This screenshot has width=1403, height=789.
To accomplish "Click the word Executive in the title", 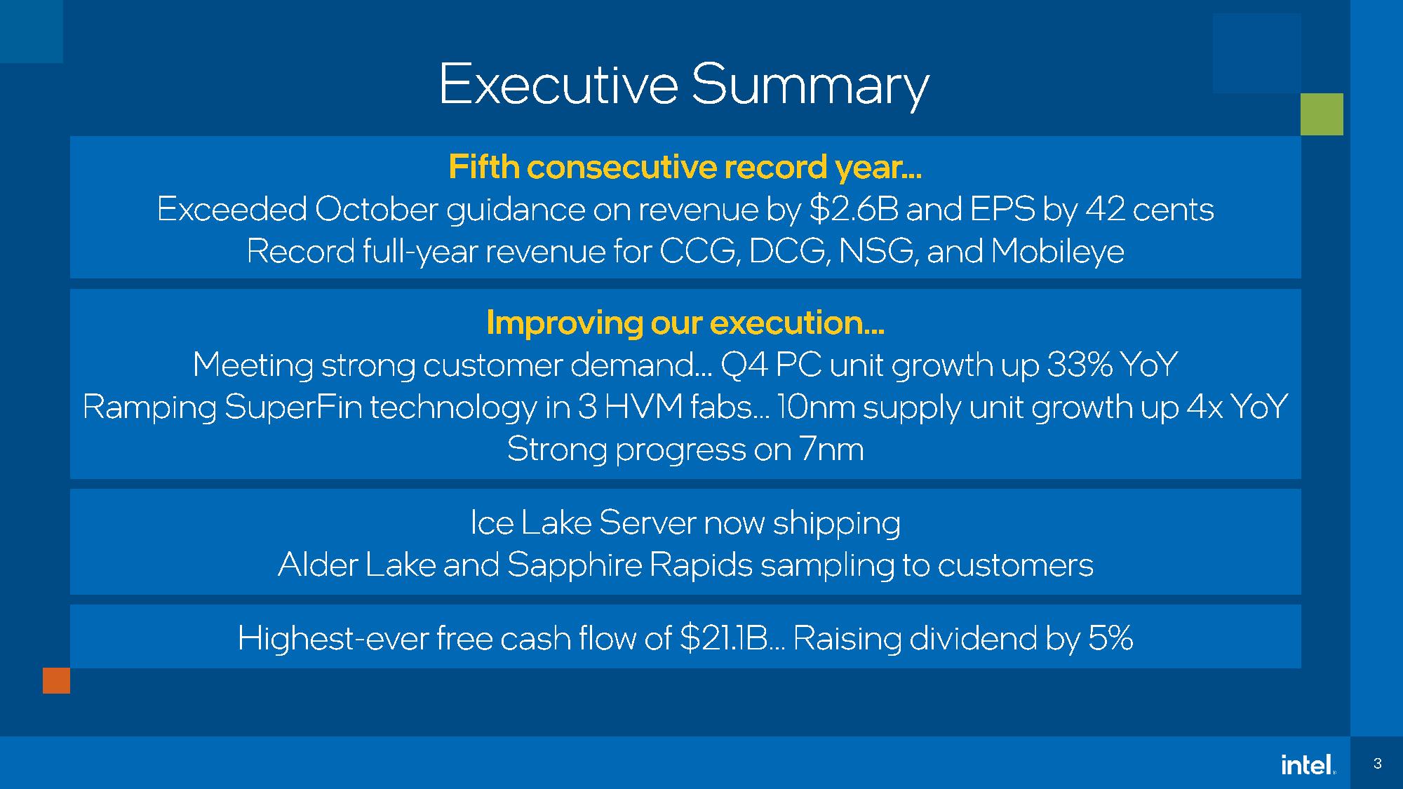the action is [558, 84].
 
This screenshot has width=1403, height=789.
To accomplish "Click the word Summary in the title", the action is [810, 86].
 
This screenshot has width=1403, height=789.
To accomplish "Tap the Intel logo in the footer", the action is [1308, 764].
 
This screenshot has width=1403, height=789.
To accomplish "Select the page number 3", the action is [1377, 764].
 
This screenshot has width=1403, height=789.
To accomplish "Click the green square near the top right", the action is [1322, 114].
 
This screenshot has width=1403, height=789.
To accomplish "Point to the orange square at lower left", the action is [57, 680].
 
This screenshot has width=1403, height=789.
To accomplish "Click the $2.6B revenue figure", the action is [854, 209].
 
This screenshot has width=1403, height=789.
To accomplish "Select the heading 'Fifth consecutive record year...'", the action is [685, 167].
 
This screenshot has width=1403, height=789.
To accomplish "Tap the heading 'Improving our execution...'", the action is [685, 323].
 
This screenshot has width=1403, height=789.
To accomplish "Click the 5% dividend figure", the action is [1110, 638].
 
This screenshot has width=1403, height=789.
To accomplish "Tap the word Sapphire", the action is [575, 565].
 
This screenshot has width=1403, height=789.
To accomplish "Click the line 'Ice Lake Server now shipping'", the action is [685, 523].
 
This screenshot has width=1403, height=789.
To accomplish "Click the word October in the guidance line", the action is [377, 209].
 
